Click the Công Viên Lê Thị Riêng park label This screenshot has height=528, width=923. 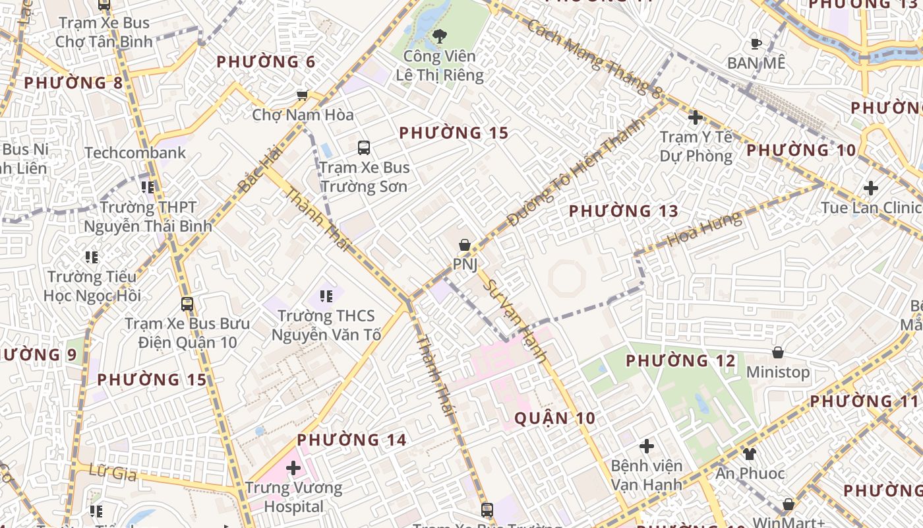[x=440, y=65]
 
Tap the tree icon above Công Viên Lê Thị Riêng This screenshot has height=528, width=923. [x=440, y=36]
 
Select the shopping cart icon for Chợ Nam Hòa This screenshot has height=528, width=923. [x=303, y=95]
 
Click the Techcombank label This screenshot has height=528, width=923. [x=135, y=153]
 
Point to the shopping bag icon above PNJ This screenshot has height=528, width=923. [x=465, y=245]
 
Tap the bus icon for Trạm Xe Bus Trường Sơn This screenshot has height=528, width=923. [x=364, y=148]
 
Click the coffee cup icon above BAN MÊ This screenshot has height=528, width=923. [x=756, y=44]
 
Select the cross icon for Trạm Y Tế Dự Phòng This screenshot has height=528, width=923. [x=696, y=118]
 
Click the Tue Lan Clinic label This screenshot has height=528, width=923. [x=871, y=208]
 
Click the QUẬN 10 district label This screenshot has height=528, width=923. [x=554, y=418]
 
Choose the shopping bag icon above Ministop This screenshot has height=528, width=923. [x=778, y=352]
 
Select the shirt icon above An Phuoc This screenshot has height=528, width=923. [x=750, y=453]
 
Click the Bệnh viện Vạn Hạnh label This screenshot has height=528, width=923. [x=646, y=475]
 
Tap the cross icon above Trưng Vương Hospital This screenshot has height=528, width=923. [x=293, y=469]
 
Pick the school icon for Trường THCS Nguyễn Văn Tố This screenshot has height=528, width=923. [x=326, y=296]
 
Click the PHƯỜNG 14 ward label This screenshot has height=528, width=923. [x=351, y=440]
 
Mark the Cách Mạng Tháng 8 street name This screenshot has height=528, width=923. [x=594, y=59]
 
